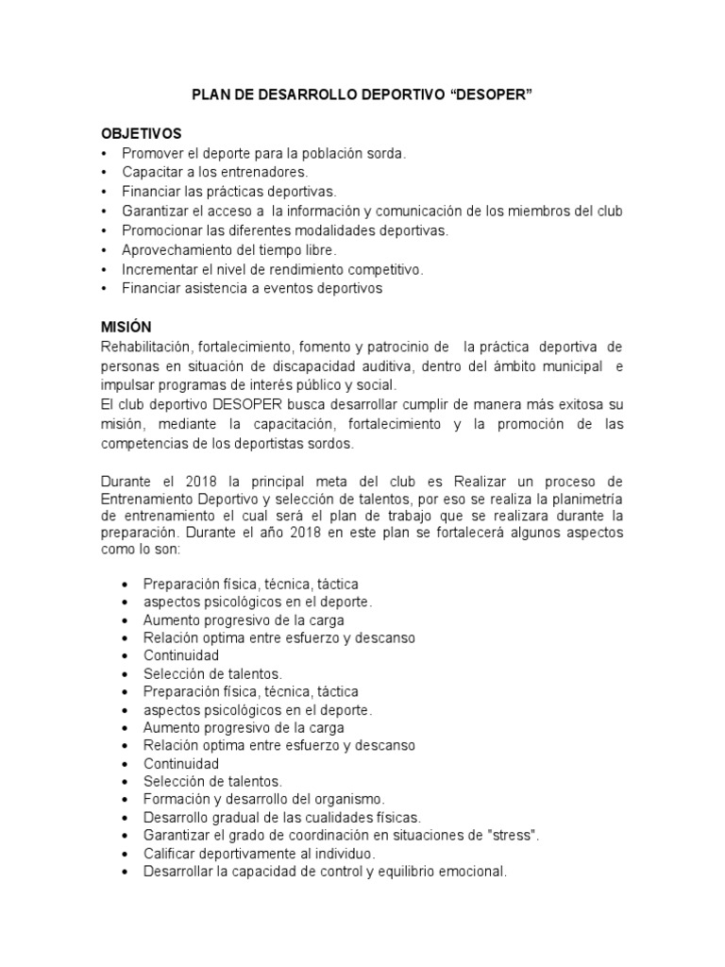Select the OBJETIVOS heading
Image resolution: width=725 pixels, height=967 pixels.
tap(140, 133)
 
